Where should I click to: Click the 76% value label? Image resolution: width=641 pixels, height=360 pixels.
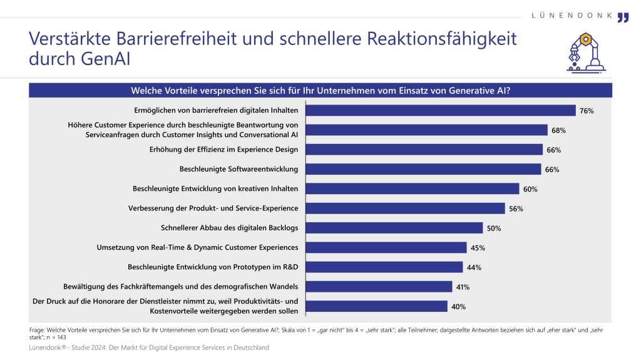587,111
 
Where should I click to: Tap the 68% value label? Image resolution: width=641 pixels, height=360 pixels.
559,130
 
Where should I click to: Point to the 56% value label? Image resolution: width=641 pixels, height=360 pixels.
516,208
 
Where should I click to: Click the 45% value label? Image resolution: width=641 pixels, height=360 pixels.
478,248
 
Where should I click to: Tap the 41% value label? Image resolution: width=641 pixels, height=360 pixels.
463,287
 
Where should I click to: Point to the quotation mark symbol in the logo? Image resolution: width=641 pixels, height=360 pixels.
623,17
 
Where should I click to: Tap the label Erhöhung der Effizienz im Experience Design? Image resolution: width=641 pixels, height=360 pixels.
223,150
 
